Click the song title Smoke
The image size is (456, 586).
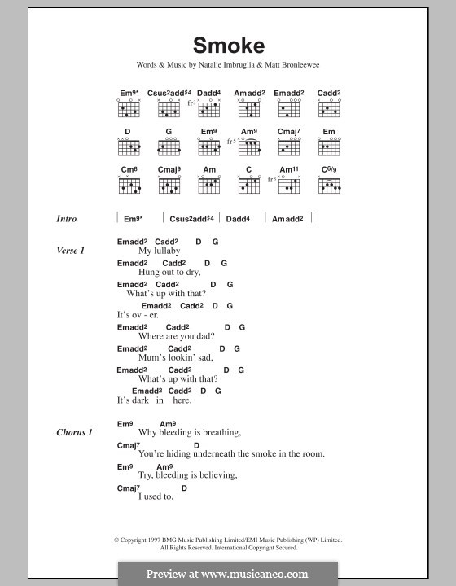(228, 46)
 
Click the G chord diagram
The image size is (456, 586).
(169, 147)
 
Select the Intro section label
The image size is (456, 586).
(67, 219)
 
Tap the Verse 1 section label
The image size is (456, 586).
(71, 251)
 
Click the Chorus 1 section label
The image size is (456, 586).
(75, 432)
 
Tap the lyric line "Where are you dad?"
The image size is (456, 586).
(177, 336)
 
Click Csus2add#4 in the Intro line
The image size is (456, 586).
(192, 219)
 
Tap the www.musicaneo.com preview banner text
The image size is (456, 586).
(227, 573)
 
